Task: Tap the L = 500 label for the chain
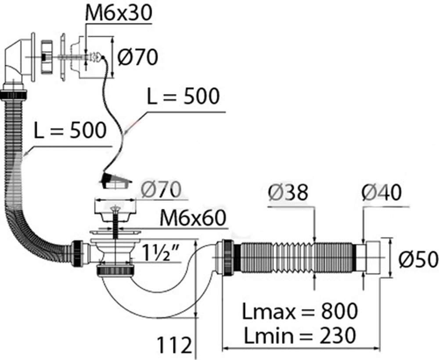click(x=183, y=97)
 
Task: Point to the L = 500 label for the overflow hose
click(x=70, y=130)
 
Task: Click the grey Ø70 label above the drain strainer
click(x=161, y=190)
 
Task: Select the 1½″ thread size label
click(x=161, y=252)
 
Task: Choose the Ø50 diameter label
click(x=418, y=259)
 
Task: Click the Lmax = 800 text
click(x=300, y=312)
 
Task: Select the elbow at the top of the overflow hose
click(x=18, y=61)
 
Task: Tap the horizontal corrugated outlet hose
click(x=294, y=259)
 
